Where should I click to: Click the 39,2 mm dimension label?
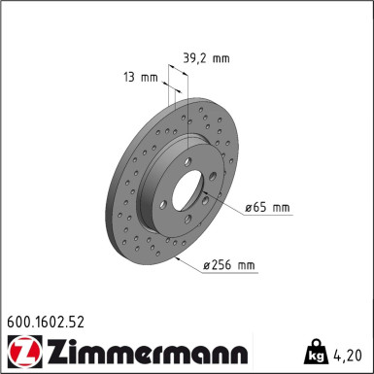207,58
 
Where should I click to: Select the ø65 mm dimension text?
266,208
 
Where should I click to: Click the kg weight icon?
315,352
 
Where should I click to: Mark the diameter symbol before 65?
248,208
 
